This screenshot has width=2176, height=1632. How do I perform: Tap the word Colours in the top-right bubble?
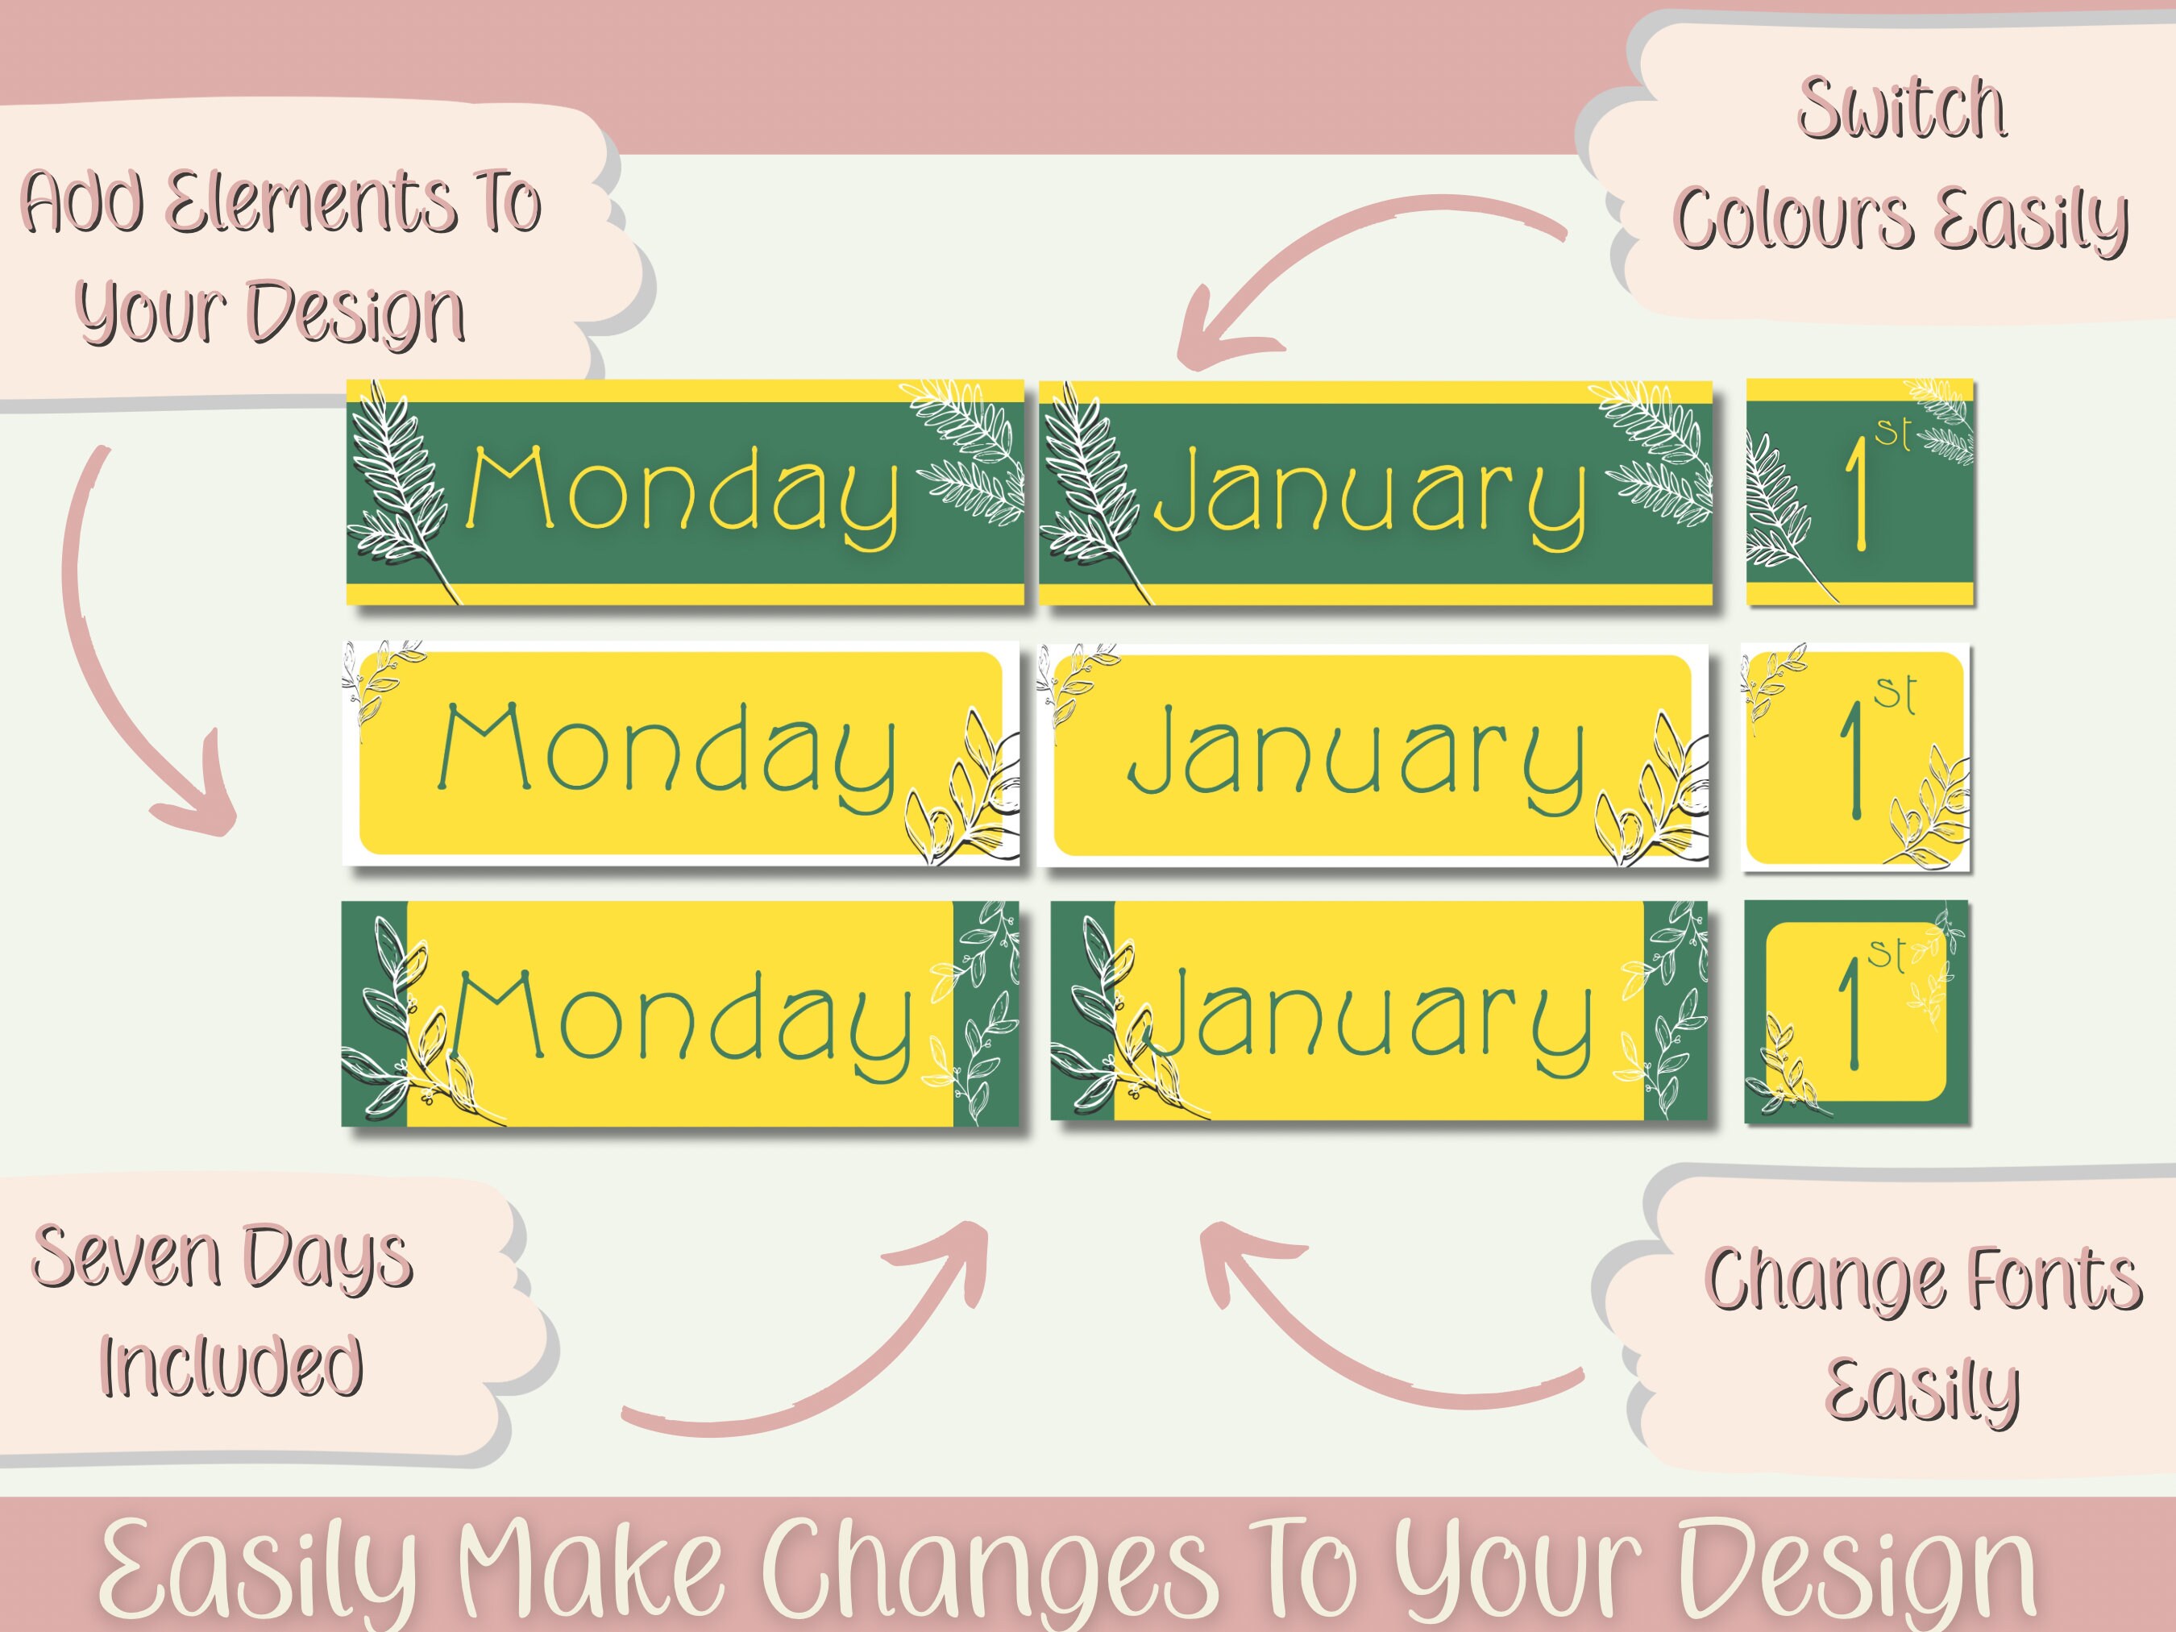click(x=1792, y=218)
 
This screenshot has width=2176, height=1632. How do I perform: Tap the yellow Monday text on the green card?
click(x=683, y=494)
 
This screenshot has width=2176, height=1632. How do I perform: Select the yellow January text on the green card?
click(x=1370, y=494)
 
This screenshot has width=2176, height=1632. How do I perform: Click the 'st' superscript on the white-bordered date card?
click(x=1895, y=694)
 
